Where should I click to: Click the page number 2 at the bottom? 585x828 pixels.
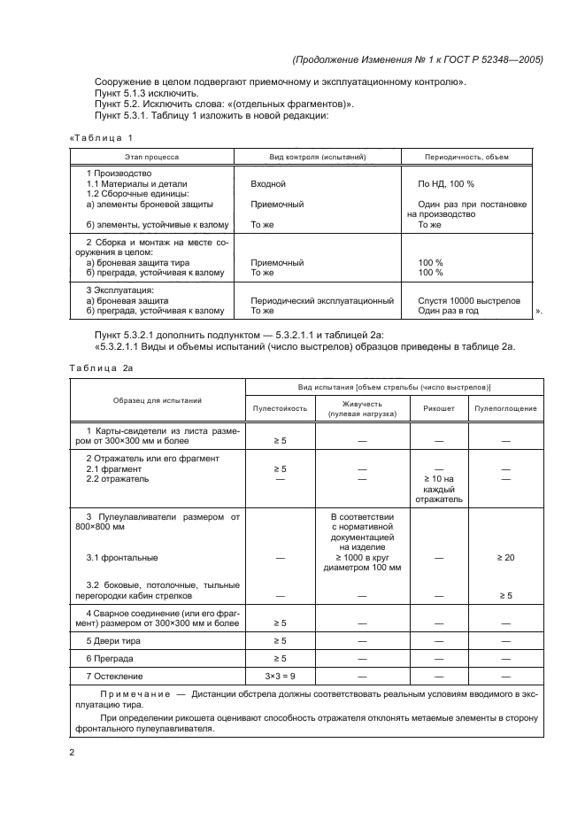pos(72,752)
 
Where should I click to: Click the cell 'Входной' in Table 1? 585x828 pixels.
pos(268,183)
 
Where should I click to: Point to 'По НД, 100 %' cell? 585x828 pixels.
pos(445,183)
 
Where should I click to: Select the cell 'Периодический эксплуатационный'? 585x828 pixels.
pos(322,300)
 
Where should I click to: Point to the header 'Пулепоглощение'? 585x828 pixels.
pos(505,408)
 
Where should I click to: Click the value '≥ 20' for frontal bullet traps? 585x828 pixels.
pos(505,558)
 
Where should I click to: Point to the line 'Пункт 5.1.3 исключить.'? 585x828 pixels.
pos(146,93)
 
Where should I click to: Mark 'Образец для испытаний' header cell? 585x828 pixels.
pos(157,401)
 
